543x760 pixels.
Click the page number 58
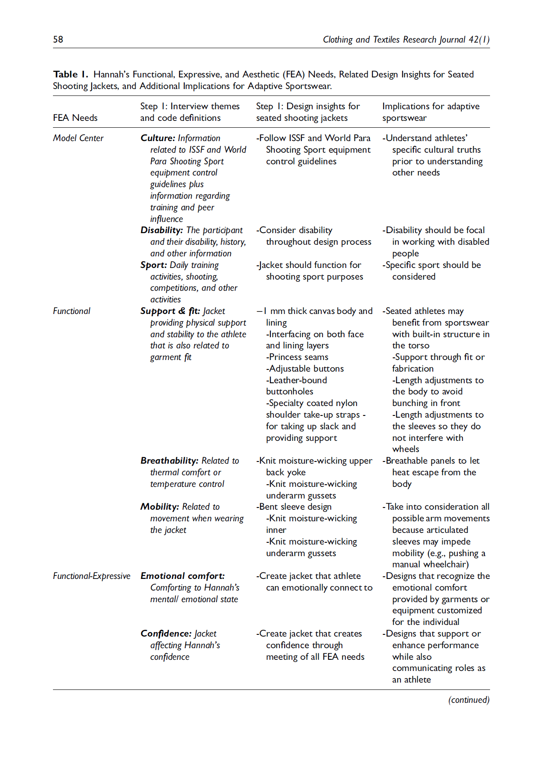(58, 40)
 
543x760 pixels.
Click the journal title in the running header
(406, 40)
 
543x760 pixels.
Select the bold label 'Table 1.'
(70, 74)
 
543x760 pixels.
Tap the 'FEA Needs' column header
(75, 118)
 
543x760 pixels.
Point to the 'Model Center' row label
(78, 138)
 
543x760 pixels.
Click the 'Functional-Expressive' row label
(91, 576)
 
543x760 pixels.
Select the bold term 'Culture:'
(158, 138)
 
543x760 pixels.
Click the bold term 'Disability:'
(161, 230)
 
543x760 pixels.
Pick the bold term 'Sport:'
(153, 265)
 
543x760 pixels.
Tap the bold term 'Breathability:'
(169, 461)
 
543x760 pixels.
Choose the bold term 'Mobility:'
(159, 507)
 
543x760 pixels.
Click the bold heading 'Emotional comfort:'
(183, 576)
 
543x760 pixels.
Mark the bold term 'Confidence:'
(166, 634)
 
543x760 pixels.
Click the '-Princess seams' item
(297, 357)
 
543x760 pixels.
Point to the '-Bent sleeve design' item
(294, 507)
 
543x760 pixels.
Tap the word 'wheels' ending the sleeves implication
(406, 449)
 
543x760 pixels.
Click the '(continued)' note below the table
(469, 700)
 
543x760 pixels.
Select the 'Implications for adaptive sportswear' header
(431, 112)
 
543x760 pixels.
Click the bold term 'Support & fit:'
(170, 311)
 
